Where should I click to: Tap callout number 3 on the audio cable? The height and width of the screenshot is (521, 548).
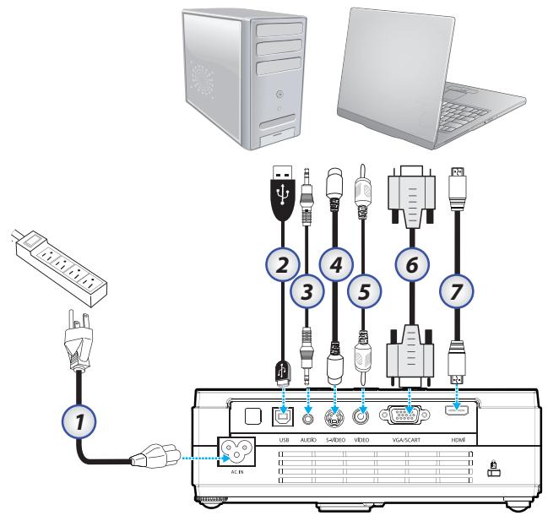click(309, 294)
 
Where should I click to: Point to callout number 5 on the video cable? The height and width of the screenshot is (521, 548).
click(364, 294)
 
